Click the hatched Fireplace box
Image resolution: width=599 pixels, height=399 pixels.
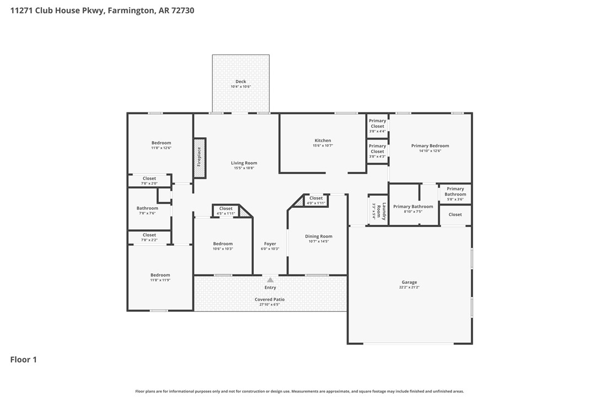pyautogui.click(x=199, y=158)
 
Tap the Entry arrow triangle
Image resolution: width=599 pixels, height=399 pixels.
pyautogui.click(x=270, y=280)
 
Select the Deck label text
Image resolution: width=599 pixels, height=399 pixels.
pyautogui.click(x=240, y=82)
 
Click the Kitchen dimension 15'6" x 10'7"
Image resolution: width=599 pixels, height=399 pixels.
pyautogui.click(x=323, y=145)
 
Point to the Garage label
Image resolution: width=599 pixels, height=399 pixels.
pyautogui.click(x=409, y=282)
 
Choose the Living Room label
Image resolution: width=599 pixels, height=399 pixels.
pyautogui.click(x=244, y=163)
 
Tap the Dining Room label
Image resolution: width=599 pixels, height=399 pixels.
pyautogui.click(x=319, y=236)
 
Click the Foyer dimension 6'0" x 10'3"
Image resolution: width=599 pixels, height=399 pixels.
pyautogui.click(x=270, y=249)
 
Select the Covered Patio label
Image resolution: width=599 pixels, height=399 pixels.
pyautogui.click(x=270, y=299)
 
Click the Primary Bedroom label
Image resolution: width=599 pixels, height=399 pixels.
pyautogui.click(x=430, y=146)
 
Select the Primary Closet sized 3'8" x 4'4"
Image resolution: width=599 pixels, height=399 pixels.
pyautogui.click(x=377, y=123)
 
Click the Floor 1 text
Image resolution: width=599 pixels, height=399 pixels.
pyautogui.click(x=24, y=360)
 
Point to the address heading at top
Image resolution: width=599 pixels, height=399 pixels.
pyautogui.click(x=102, y=10)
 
